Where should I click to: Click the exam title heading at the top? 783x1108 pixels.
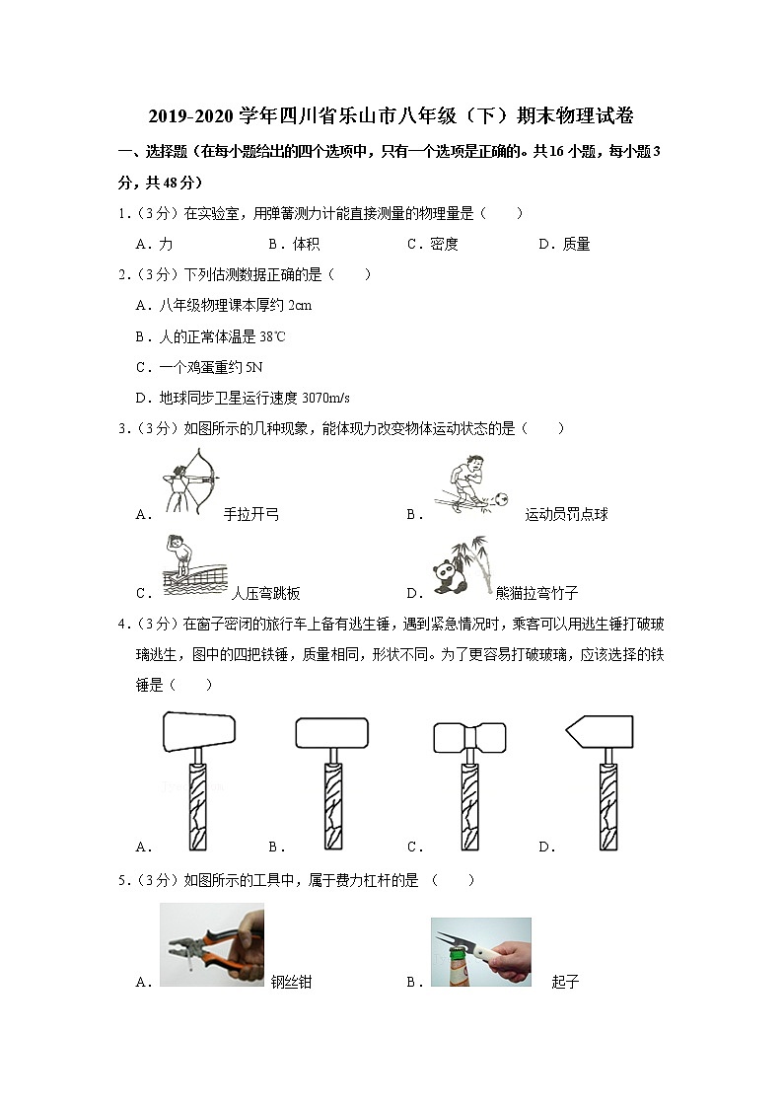pos(391,116)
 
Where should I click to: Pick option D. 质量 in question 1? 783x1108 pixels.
pos(564,245)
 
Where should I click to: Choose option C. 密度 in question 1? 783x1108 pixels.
pos(432,245)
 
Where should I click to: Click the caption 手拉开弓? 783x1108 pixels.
pos(251,514)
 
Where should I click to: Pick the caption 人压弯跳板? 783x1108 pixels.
pos(265,594)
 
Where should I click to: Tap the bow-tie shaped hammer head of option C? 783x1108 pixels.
pos(469,736)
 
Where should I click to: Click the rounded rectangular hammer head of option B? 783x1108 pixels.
pos(332,731)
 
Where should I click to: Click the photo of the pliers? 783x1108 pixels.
pos(211,944)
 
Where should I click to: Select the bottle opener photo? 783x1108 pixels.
pos(480,952)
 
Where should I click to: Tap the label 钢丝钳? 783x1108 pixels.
pos(291,983)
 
